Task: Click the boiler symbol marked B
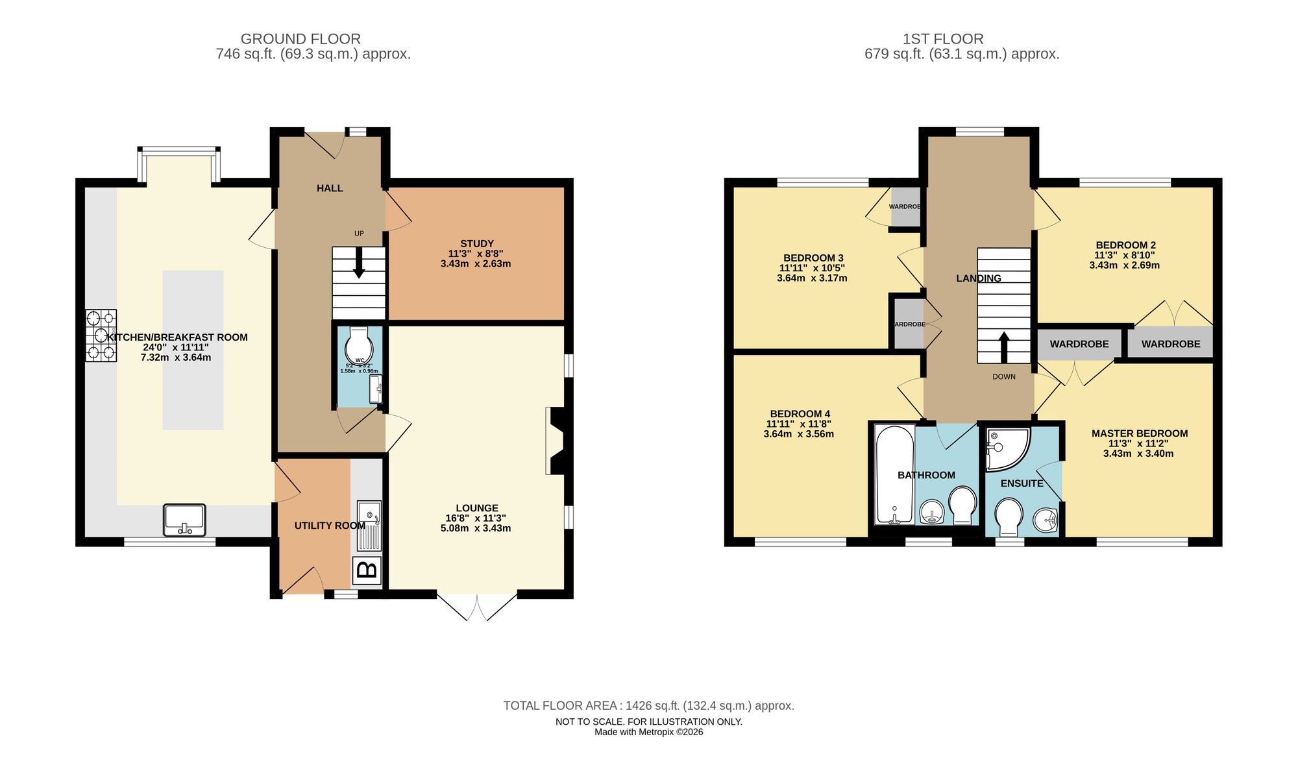(367, 570)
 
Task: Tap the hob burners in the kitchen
(101, 335)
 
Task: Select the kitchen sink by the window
(184, 520)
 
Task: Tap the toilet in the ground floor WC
(358, 345)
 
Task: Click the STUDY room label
(477, 244)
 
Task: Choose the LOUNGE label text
(477, 508)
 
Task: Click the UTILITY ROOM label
(330, 526)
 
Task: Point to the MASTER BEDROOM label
(1140, 433)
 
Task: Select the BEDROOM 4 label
(800, 414)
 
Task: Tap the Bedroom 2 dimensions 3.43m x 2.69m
(1124, 265)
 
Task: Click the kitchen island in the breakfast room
(193, 350)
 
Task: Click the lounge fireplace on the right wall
(557, 441)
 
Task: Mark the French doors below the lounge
(477, 605)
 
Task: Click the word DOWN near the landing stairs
(1003, 377)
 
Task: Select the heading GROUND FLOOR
(300, 39)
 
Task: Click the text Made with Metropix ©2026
(648, 732)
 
